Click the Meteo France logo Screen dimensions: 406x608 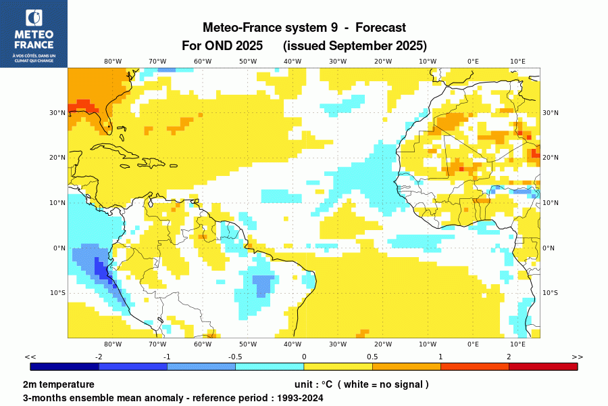click(x=33, y=33)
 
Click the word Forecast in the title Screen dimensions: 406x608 click(x=380, y=28)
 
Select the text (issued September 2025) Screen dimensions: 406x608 click(x=355, y=46)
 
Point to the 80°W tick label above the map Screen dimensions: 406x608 click(x=113, y=61)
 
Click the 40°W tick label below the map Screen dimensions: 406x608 click(x=293, y=344)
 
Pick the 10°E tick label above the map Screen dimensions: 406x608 click(x=517, y=61)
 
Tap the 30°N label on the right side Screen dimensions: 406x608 click(x=551, y=113)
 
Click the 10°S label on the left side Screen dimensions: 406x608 click(x=58, y=293)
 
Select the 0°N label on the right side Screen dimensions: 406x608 click(x=549, y=248)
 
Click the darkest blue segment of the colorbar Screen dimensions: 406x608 click(x=65, y=367)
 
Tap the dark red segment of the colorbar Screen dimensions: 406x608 click(x=543, y=367)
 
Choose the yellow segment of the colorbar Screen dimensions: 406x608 click(x=338, y=367)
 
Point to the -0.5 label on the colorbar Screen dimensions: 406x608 click(x=235, y=357)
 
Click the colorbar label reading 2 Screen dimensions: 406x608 click(x=509, y=357)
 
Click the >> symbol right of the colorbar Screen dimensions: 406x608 click(x=577, y=357)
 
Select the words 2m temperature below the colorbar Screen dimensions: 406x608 click(x=58, y=384)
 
